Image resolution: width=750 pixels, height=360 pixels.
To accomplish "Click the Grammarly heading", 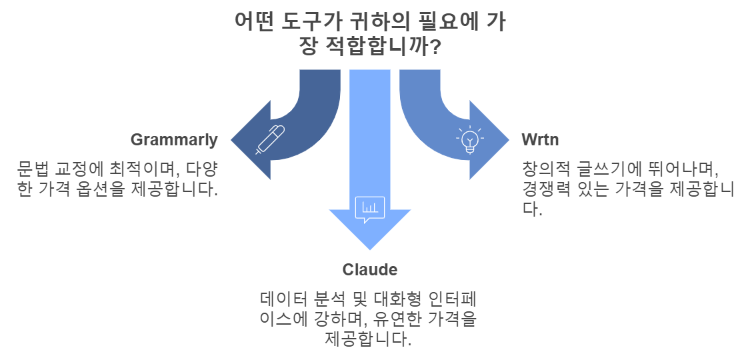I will [174, 140].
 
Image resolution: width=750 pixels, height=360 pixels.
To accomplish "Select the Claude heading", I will [370, 269].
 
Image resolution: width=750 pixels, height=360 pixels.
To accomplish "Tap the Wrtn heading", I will [540, 140].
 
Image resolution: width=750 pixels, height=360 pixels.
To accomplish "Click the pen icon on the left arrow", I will [270, 140].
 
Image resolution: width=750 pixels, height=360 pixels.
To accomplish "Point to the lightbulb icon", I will [471, 140].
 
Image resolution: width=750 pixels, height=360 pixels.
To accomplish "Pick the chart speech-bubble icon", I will [369, 209].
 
